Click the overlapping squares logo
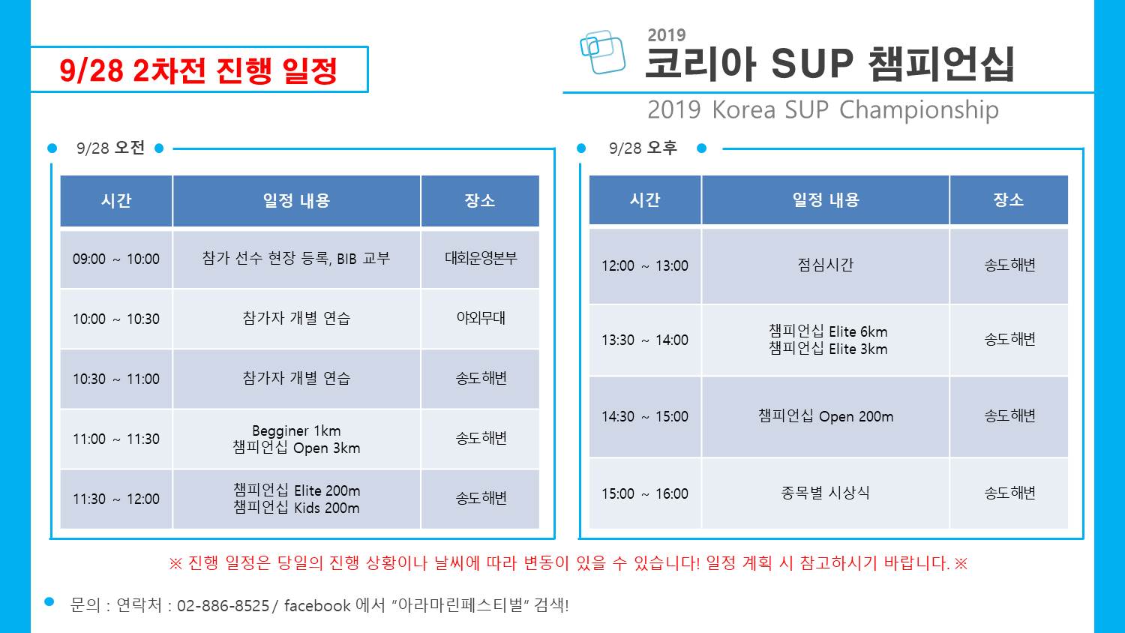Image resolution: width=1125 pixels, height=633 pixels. [x=602, y=52]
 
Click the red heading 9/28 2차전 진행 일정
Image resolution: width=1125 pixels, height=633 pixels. [x=199, y=70]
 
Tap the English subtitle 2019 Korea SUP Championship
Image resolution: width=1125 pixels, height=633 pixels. [x=823, y=109]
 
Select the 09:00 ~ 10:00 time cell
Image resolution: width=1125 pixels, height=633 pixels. [x=116, y=259]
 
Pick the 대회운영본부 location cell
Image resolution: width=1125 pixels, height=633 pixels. [x=481, y=259]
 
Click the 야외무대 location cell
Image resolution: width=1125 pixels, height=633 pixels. [x=481, y=319]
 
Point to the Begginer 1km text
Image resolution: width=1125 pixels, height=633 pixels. [x=296, y=430]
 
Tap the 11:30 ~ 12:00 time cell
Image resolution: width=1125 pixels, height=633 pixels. [x=116, y=499]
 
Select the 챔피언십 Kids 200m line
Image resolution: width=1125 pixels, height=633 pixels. [x=296, y=508]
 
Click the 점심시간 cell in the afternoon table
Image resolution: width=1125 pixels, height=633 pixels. [x=826, y=265]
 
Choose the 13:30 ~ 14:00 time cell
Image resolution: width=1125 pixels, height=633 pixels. [x=645, y=340]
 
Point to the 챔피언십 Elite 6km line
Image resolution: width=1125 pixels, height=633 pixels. [x=828, y=331]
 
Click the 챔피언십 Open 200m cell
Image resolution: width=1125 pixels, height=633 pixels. [x=826, y=416]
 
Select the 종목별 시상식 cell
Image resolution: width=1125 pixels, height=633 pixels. [x=826, y=493]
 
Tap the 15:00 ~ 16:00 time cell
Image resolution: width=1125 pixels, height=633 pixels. [x=645, y=493]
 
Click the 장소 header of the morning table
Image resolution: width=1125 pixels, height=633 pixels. [x=480, y=201]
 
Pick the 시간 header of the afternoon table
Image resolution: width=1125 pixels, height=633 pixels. [x=645, y=200]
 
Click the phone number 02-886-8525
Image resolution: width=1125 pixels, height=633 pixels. [x=223, y=606]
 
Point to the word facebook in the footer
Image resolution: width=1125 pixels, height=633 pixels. [x=317, y=605]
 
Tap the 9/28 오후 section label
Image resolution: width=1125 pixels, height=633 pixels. [x=643, y=148]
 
